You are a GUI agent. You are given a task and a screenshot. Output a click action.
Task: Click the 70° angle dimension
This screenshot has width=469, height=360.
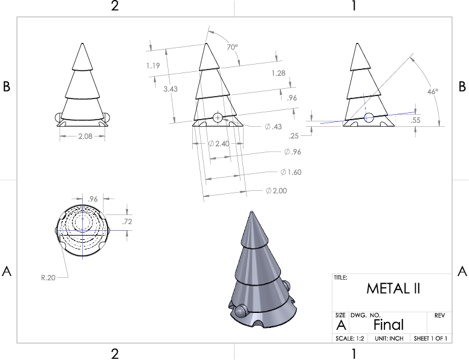232,47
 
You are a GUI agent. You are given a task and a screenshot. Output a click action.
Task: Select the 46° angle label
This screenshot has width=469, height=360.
433,92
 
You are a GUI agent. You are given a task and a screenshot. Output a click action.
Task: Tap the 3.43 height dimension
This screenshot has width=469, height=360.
170,89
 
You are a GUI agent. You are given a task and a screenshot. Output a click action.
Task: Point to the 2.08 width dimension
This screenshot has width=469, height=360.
85,137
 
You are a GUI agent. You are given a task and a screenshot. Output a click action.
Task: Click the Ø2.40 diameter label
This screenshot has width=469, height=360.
219,144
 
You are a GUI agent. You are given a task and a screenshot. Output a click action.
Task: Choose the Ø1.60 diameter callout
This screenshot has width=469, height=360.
291,172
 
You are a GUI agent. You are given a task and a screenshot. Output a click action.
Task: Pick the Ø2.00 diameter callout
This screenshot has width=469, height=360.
276,190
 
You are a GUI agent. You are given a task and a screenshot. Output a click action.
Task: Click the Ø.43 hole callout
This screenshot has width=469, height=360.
273,126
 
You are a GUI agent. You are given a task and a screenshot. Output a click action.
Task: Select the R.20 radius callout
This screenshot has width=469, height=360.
48,277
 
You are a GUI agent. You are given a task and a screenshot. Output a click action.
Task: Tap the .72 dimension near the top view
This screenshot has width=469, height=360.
127,222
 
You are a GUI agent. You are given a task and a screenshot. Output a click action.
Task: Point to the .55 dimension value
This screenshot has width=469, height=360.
415,120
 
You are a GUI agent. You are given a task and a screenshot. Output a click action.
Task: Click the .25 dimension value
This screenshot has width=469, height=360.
294,136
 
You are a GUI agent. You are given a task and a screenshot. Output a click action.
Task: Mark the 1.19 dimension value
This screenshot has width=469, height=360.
153,65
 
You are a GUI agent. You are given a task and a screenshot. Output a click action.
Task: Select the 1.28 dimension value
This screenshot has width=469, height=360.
279,73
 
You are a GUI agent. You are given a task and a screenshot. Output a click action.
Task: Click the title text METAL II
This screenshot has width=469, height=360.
393,289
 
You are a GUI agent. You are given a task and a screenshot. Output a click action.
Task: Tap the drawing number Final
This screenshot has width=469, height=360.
389,325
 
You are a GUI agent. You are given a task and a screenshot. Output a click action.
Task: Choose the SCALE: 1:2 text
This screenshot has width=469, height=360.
350,338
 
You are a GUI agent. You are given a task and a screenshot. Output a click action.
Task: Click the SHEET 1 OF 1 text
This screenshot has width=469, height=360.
430,338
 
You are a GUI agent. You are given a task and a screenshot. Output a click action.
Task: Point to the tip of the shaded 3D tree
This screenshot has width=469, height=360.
251,211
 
